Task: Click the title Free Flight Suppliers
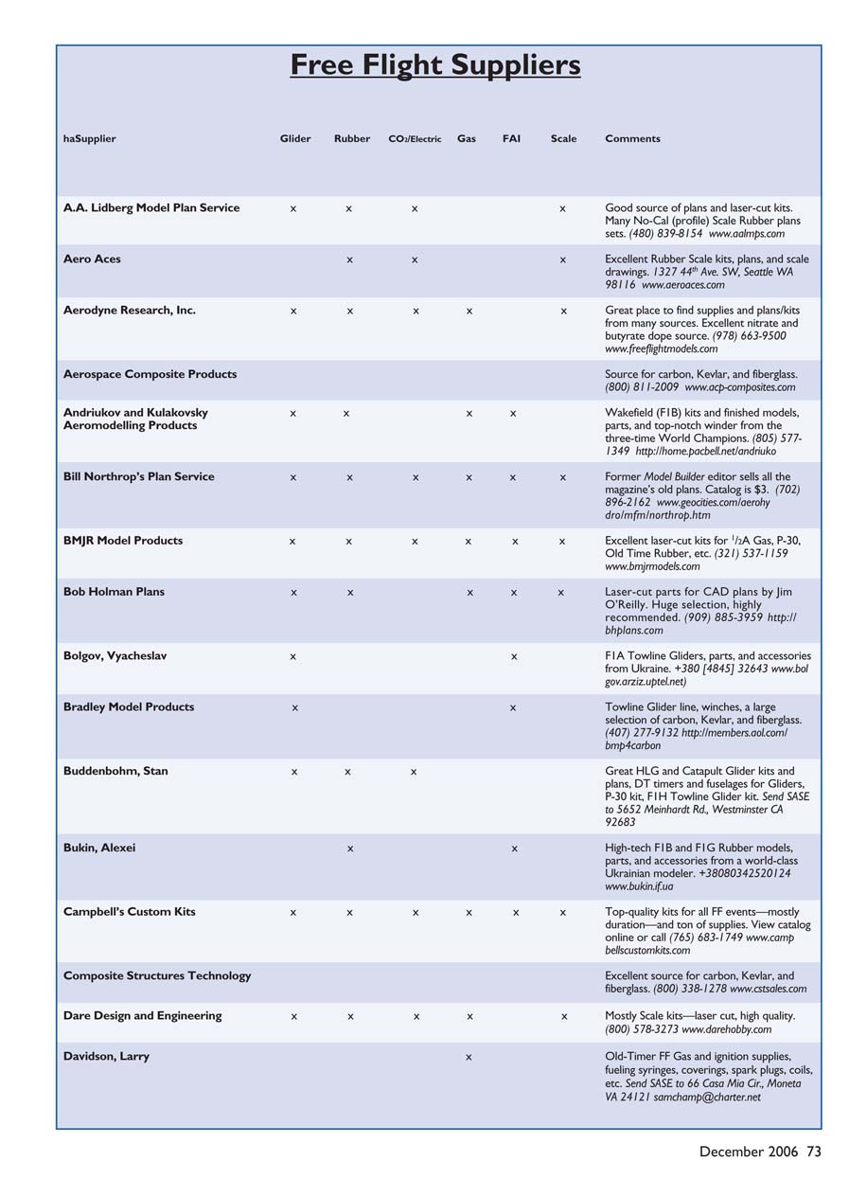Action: [434, 65]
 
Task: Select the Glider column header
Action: [295, 139]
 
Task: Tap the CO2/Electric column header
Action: [415, 139]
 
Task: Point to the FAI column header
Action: [511, 139]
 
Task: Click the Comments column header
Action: [632, 139]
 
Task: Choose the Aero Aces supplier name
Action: [92, 259]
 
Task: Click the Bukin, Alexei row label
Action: [99, 849]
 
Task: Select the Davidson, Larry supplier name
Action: [106, 1057]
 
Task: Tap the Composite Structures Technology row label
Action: [157, 976]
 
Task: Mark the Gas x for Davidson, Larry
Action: [469, 1058]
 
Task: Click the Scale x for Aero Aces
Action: [562, 260]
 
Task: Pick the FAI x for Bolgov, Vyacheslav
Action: [513, 656]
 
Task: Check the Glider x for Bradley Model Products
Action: [295, 707]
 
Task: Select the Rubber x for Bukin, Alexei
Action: [350, 849]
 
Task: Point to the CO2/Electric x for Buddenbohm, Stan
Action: [414, 773]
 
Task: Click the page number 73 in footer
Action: [814, 1152]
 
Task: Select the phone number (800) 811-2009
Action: [642, 387]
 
